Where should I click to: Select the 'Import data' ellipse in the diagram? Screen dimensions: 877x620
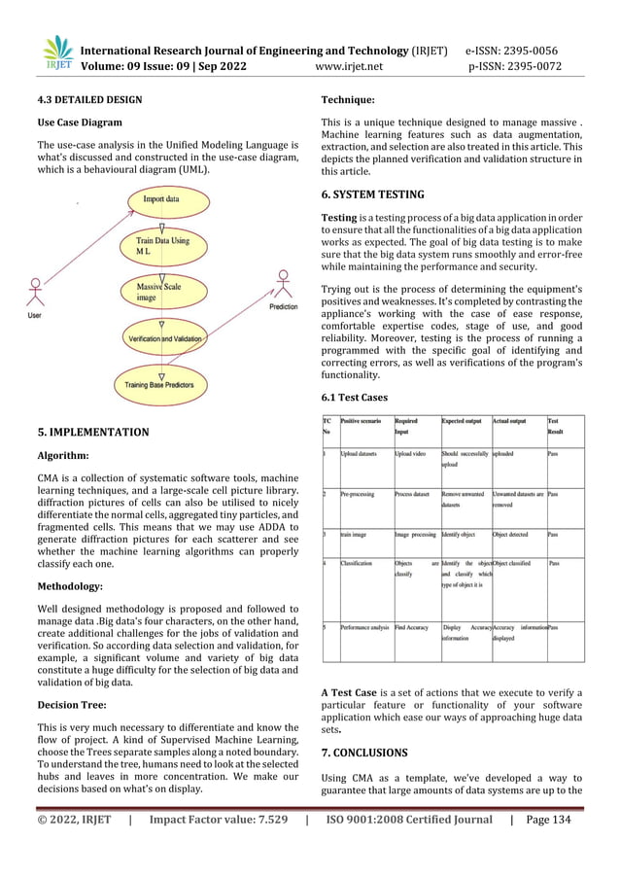coord(160,200)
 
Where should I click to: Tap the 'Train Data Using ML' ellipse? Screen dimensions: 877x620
coord(162,247)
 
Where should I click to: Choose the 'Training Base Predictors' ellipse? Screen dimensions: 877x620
coord(159,385)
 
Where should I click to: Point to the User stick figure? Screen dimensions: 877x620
coord(35,295)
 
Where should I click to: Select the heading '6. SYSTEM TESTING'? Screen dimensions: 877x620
coord(374,193)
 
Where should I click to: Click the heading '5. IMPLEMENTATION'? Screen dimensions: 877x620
coord(93,432)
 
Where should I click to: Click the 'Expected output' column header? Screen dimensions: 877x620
coord(465,421)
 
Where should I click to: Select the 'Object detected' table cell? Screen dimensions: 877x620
coord(516,534)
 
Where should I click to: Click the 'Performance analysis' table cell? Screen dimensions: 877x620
coord(365,628)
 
